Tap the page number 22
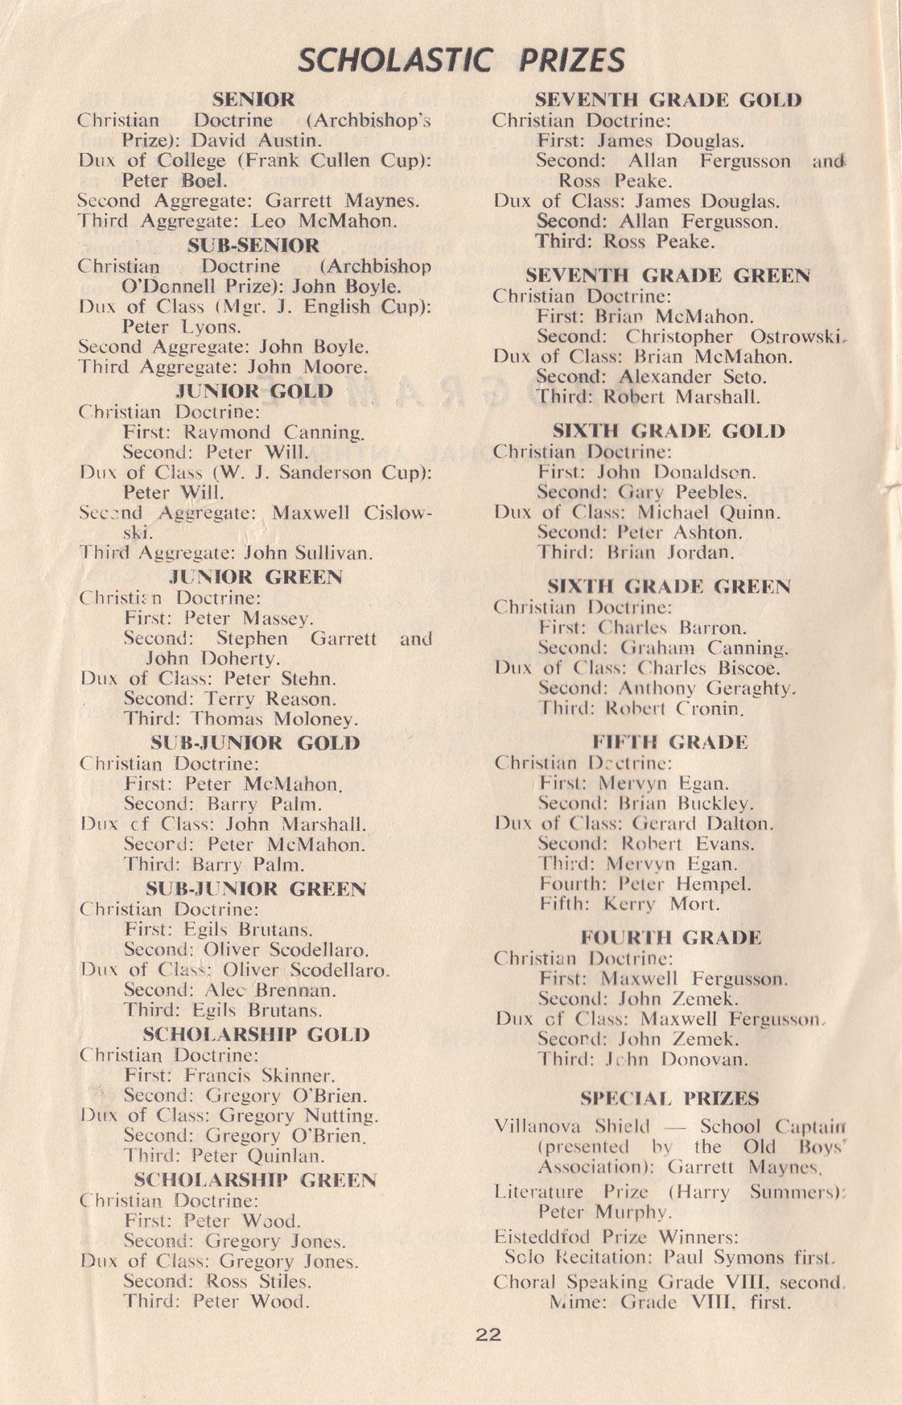[488, 1334]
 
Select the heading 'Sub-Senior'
[253, 245]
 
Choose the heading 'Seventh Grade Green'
[668, 275]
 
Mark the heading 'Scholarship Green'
[254, 1180]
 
